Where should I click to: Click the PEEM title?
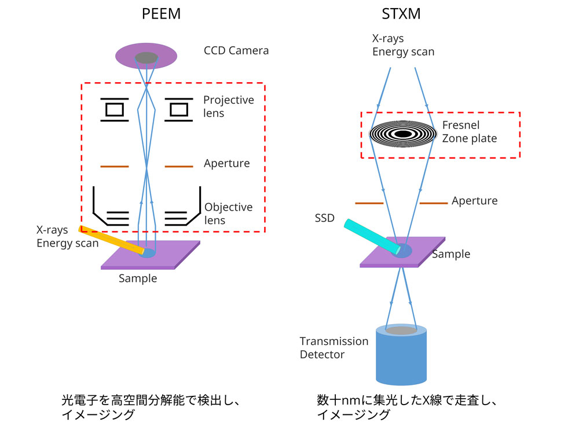pos(162,13)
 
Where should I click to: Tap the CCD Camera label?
pos(236,50)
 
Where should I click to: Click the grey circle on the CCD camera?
pos(146,57)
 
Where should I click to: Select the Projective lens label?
pos(229,106)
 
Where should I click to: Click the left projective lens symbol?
pos(115,109)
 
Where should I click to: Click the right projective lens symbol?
pos(178,109)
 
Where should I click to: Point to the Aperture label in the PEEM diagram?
pos(226,163)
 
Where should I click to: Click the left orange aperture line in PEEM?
pos(115,167)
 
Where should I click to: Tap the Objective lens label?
pos(228,214)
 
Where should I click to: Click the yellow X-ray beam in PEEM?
pos(110,239)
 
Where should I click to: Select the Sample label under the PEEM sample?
pos(138,278)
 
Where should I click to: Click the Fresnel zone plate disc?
pos(403,134)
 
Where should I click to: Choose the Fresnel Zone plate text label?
pos(469,131)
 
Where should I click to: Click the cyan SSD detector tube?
pos(371,236)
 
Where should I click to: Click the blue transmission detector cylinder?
pos(402,359)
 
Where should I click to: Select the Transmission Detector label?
pos(334,347)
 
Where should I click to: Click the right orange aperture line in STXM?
pos(433,203)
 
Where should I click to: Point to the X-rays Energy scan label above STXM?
pos(403,45)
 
